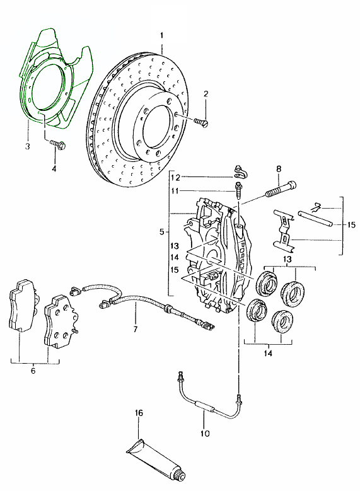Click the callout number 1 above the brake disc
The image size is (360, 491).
coord(161,35)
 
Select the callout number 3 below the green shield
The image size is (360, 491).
coord(28,146)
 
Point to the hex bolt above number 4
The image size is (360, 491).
coord(57,144)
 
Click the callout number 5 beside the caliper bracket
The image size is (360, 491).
coord(161,232)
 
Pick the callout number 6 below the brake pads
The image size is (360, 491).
coord(33,371)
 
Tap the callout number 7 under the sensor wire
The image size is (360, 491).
coord(136,330)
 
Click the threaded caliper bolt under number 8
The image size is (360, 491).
coord(281,190)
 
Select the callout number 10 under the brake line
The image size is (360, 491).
coord(204,434)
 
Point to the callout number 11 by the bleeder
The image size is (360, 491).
coord(175,191)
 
